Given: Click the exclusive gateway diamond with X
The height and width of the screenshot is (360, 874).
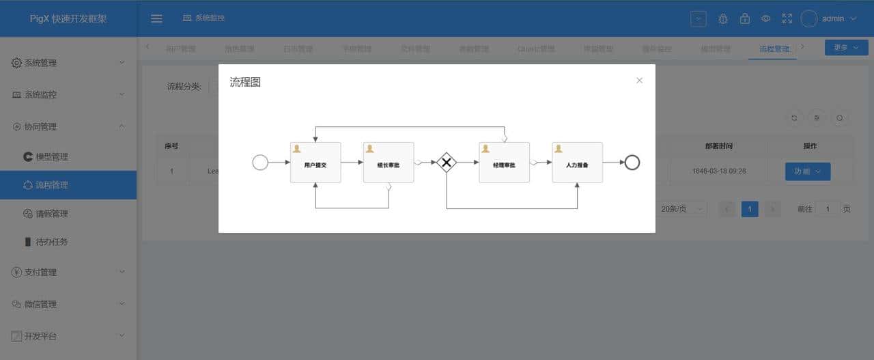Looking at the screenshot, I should click(x=447, y=163).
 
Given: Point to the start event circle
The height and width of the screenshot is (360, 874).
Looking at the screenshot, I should click(x=260, y=163).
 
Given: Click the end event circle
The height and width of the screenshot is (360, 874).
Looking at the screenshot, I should click(x=632, y=163).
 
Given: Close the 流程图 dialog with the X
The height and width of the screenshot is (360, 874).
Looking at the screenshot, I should click(x=639, y=81).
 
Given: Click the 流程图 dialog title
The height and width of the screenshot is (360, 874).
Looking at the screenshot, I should click(x=245, y=83).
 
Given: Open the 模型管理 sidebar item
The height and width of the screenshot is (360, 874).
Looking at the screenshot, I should click(x=51, y=156).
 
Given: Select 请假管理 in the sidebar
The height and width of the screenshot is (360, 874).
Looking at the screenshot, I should click(x=51, y=214).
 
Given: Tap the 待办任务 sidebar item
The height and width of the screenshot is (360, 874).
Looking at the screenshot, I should click(x=51, y=242).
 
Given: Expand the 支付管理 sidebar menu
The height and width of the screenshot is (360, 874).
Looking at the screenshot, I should click(x=68, y=272).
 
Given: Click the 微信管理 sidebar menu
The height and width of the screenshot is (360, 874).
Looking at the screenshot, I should click(x=68, y=304).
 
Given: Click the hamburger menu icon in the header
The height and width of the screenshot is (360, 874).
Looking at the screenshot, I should click(x=156, y=18).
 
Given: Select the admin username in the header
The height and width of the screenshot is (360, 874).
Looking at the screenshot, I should click(x=833, y=18).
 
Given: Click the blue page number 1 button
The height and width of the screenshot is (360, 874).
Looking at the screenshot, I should click(x=750, y=209).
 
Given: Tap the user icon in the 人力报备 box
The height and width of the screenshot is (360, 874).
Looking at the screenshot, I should click(x=558, y=148).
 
